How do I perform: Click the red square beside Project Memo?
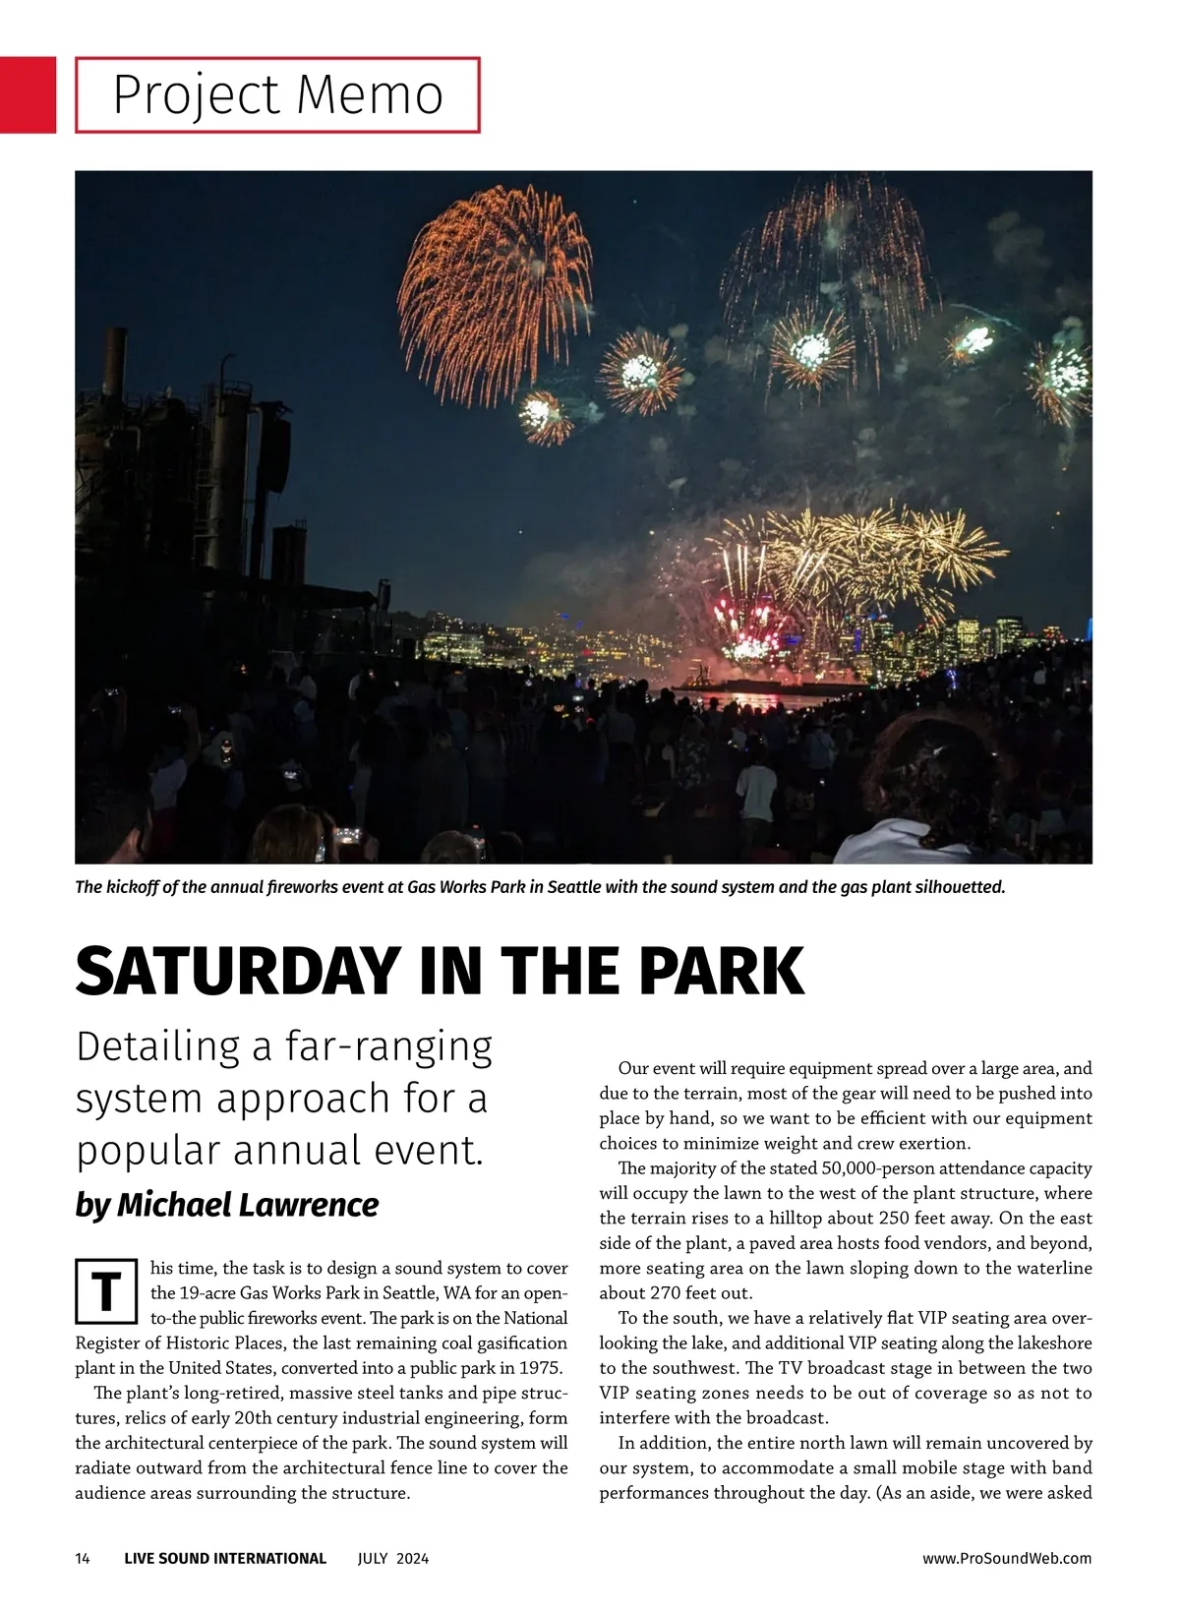pos(28,94)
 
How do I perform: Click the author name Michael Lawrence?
pos(247,1205)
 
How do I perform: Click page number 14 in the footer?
pos(83,1558)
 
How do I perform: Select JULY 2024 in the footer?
pos(393,1558)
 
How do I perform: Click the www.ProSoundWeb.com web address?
pos(1007,1558)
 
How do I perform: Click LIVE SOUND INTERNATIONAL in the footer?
pos(225,1558)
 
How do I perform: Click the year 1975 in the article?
pos(539,1368)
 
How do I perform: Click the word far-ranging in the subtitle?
pos(388,1047)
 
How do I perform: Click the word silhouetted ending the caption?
pos(960,887)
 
